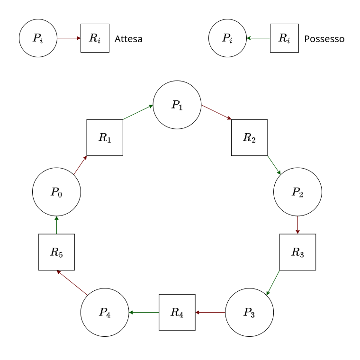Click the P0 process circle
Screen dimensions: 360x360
[x=56, y=192]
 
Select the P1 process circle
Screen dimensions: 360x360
[x=177, y=105]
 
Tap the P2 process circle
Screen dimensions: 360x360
[x=297, y=192]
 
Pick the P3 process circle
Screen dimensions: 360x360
[x=249, y=313]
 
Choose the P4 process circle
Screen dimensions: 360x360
[x=105, y=313]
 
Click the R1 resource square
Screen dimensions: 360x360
[x=105, y=137]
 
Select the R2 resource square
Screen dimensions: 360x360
[x=249, y=137]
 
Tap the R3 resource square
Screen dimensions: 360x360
[x=297, y=252]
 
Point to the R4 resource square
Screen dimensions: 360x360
[x=177, y=313]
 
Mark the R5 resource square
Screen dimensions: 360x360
[x=56, y=252]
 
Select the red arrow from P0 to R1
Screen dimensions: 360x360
[x=80, y=165]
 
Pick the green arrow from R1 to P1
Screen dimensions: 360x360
[x=138, y=112]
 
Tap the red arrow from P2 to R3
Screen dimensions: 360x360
[x=297, y=225]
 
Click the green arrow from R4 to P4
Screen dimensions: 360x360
[x=144, y=313]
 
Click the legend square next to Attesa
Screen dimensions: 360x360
[x=95, y=38]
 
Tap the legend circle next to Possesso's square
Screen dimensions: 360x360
[x=227, y=38]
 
